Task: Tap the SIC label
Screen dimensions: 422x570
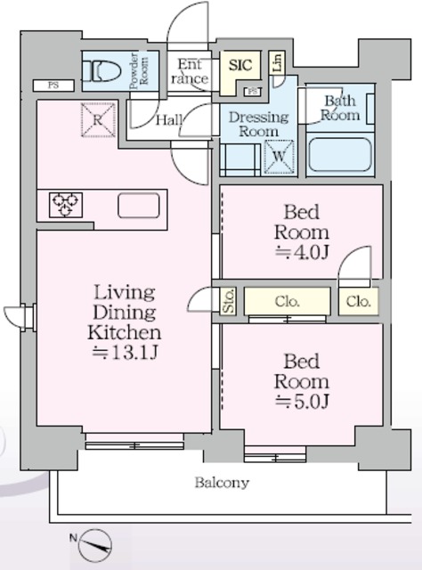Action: point(240,65)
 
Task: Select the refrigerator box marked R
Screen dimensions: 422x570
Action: point(98,120)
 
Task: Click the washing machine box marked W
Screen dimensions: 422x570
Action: point(279,157)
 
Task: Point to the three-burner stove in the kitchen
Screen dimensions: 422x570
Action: point(65,205)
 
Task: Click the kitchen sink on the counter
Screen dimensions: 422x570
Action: point(139,206)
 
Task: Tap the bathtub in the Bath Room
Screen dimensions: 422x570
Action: point(340,154)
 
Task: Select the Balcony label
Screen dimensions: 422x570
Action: point(222,483)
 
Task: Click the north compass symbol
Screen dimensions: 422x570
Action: point(94,545)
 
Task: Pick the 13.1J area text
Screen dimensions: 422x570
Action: point(126,353)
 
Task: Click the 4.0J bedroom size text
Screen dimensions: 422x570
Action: point(302,252)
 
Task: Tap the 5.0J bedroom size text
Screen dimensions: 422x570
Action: point(302,402)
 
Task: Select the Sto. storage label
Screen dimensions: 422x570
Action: point(228,301)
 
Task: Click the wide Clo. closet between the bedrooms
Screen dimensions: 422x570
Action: point(288,301)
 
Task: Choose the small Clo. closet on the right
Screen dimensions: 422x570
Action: point(359,301)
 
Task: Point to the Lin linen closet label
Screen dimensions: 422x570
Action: point(277,62)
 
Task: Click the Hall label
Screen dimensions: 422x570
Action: point(169,119)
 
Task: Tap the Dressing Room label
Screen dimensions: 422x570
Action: point(258,124)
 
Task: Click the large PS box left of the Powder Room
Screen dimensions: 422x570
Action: point(53,85)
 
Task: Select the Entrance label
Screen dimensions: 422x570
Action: point(190,71)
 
